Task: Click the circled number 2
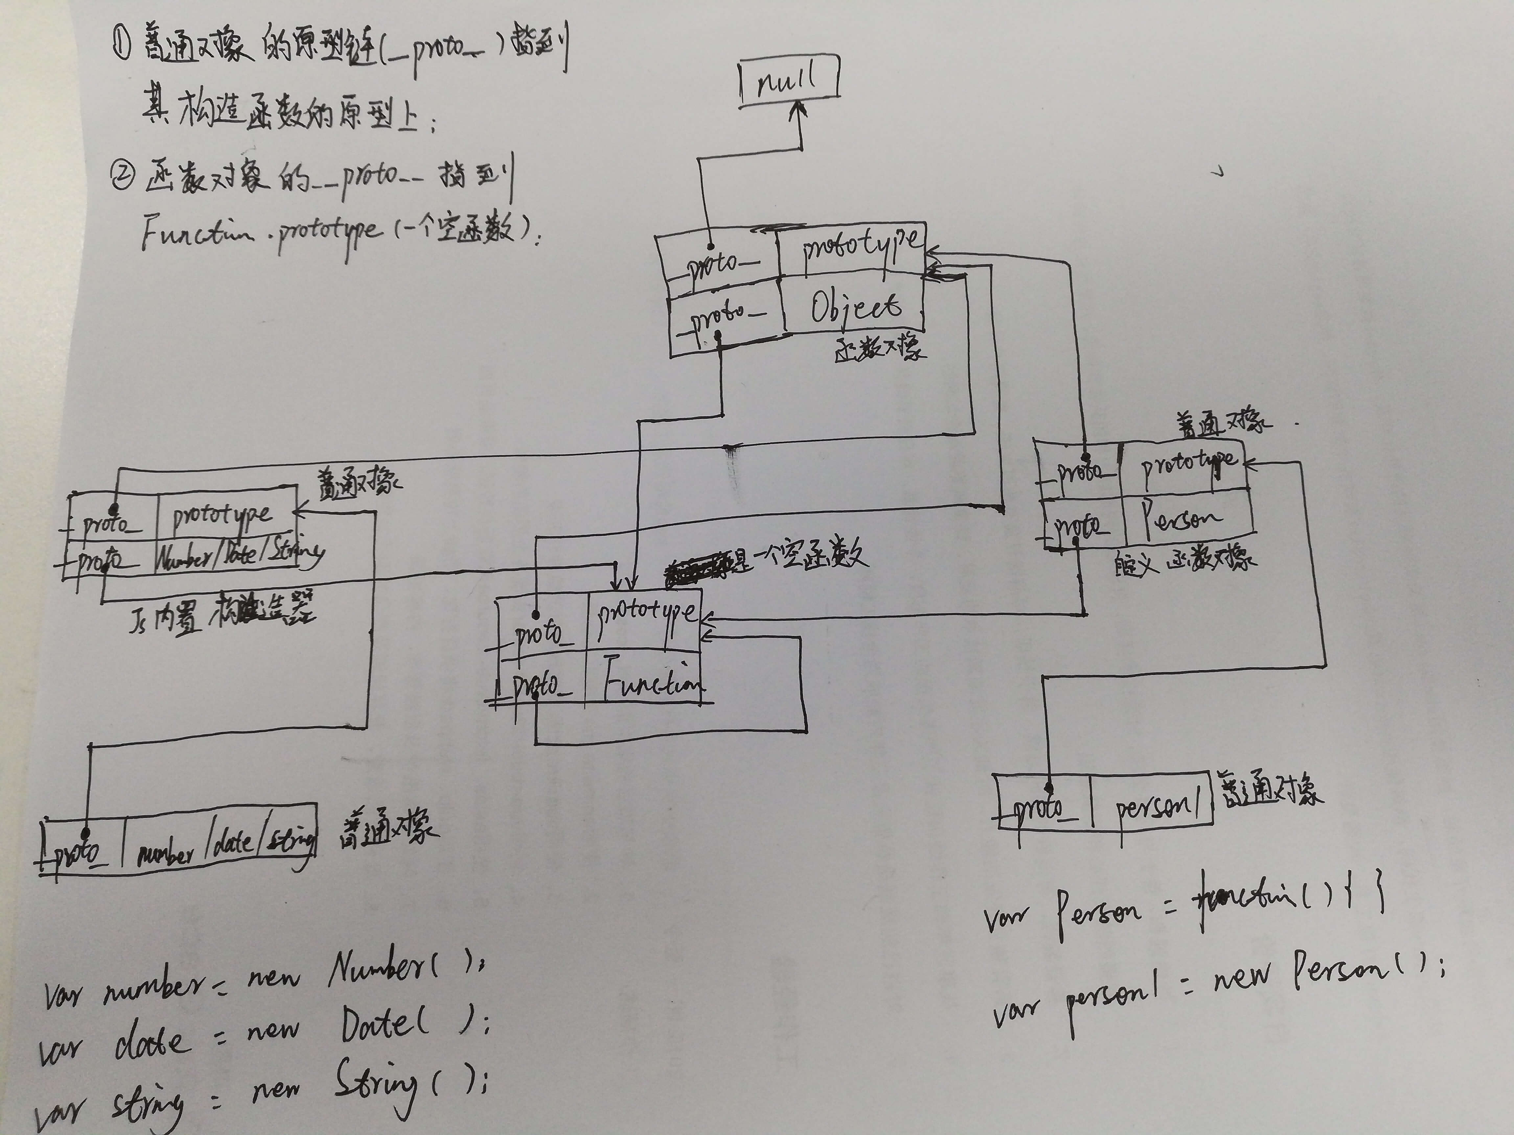123,177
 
